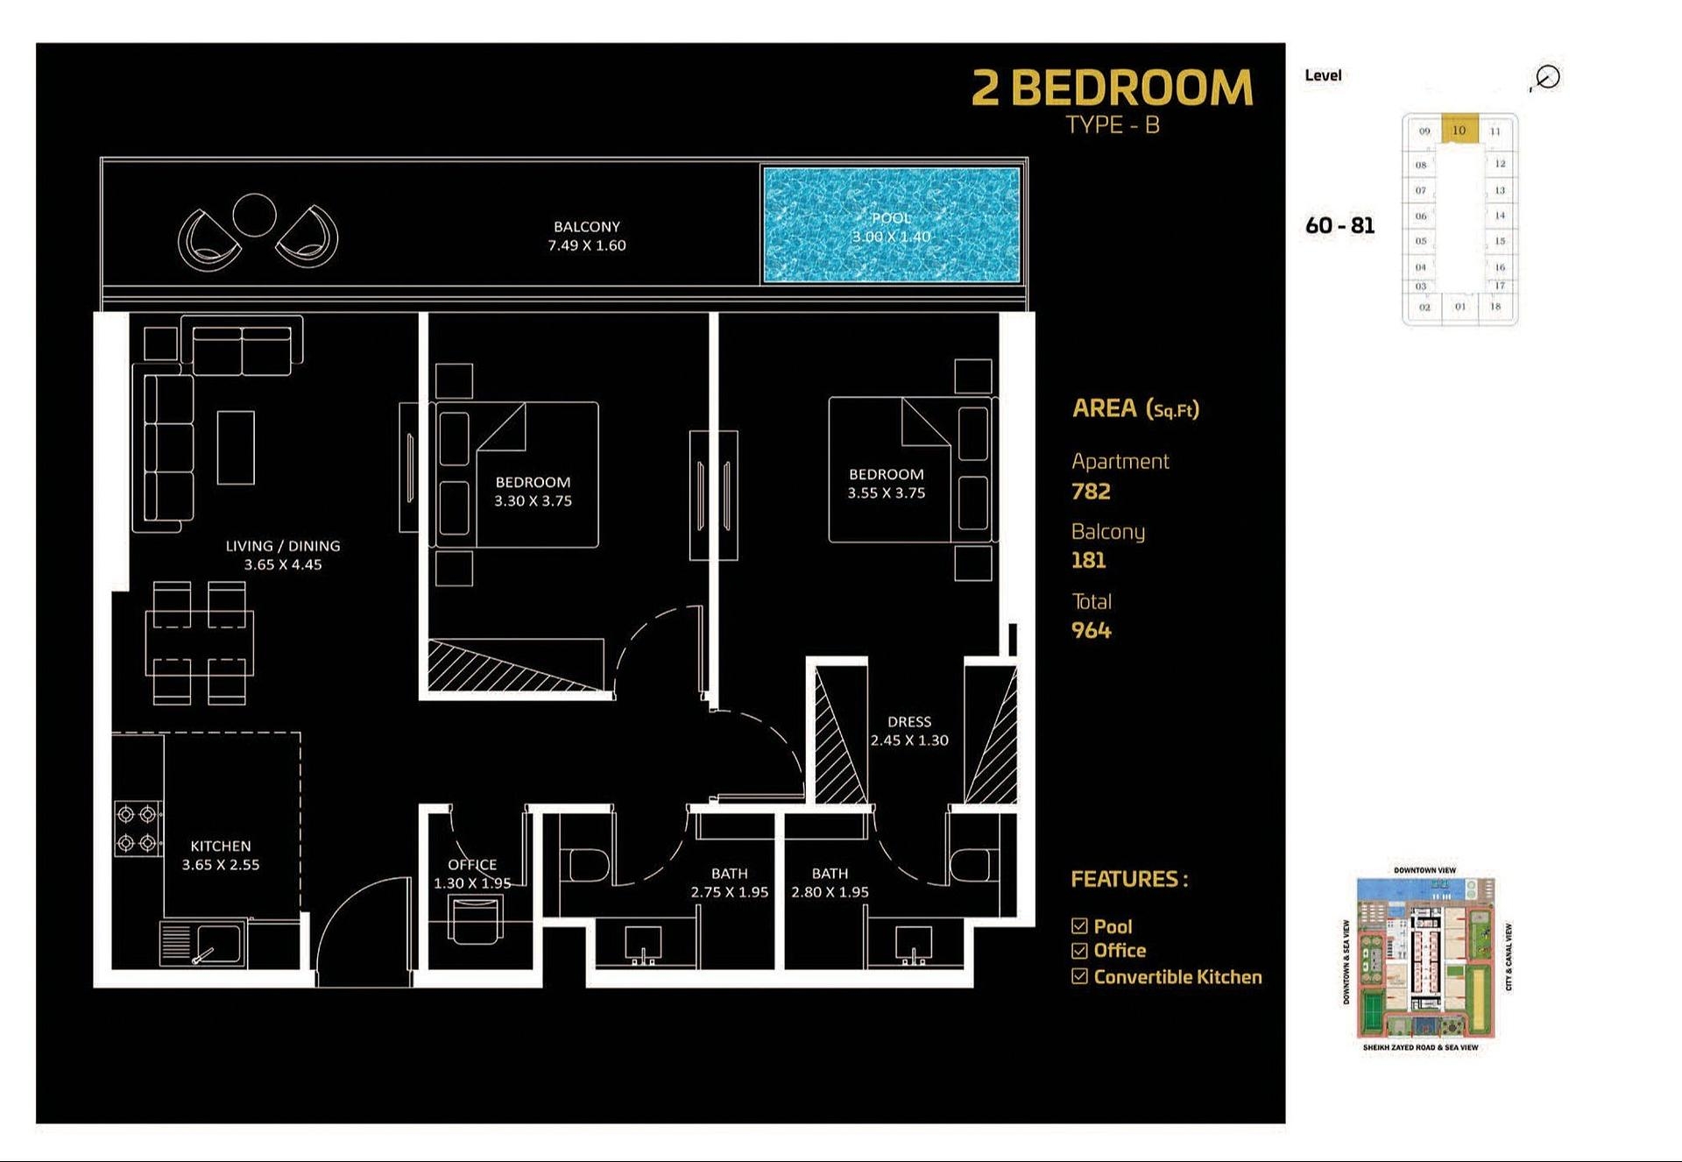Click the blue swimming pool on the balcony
click(x=891, y=225)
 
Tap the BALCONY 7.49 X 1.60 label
click(x=586, y=236)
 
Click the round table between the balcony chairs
click(x=254, y=215)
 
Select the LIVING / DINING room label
click(x=282, y=555)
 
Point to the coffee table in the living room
click(x=236, y=447)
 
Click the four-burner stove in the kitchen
click(x=138, y=828)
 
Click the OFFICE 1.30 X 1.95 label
click(x=472, y=874)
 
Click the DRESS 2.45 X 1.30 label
click(x=909, y=731)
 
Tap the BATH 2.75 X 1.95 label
click(x=729, y=882)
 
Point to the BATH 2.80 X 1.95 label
click(x=830, y=882)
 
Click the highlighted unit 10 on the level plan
click(x=1459, y=130)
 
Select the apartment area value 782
click(x=1091, y=492)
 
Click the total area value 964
click(x=1091, y=631)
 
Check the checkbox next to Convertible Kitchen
click(x=1079, y=976)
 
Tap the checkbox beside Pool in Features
click(x=1079, y=926)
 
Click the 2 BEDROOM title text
click(x=1112, y=88)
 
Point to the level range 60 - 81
click(x=1339, y=226)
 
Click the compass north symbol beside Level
click(x=1547, y=77)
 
